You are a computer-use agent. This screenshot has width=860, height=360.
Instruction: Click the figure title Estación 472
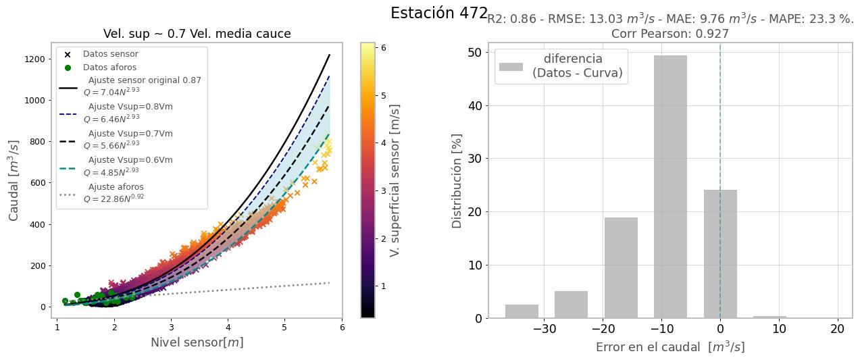(x=438, y=13)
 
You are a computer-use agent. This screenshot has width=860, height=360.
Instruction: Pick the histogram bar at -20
(x=621, y=267)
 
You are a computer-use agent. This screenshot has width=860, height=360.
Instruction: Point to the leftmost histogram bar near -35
(x=522, y=311)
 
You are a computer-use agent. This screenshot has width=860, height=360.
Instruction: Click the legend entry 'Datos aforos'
(x=109, y=68)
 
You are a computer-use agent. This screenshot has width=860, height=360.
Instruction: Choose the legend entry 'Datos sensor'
(x=110, y=54)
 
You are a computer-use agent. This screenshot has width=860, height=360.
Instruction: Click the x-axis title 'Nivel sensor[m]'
(x=197, y=342)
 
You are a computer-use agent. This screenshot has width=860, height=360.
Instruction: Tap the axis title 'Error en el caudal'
(x=669, y=347)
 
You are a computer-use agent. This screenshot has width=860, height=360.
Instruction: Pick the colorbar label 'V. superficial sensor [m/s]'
(x=395, y=180)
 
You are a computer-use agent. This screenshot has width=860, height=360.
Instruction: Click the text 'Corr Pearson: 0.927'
(x=669, y=34)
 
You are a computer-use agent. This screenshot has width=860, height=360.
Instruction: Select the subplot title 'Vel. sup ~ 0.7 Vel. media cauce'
(x=197, y=34)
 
